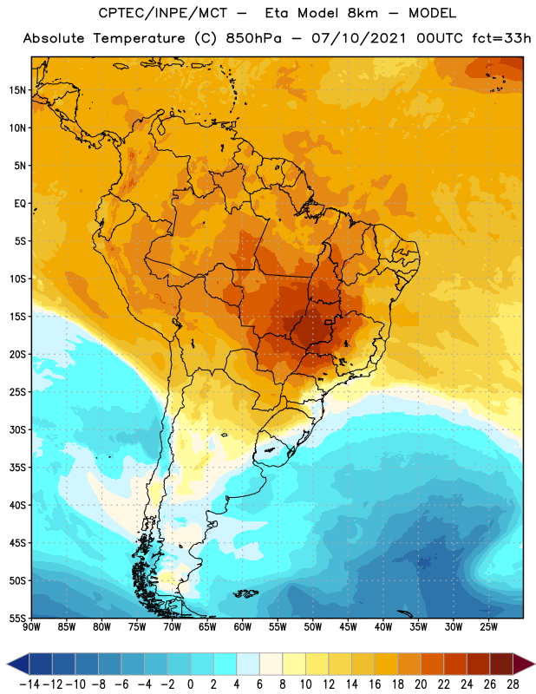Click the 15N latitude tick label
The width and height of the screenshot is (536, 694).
[16, 90]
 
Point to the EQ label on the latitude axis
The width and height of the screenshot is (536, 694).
[20, 204]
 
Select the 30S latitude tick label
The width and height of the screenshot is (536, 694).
[17, 429]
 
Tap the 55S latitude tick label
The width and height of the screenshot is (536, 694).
[17, 619]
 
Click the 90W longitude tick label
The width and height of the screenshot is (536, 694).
[31, 626]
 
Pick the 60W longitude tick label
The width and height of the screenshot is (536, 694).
[243, 626]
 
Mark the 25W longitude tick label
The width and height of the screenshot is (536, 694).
[489, 626]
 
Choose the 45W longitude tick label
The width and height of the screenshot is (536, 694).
[349, 626]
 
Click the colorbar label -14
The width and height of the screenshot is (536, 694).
[29, 684]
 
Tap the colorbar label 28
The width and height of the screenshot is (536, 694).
[513, 684]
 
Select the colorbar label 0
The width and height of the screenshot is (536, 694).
[191, 684]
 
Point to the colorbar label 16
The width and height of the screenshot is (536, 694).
[375, 684]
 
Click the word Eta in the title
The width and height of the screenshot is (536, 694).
[277, 13]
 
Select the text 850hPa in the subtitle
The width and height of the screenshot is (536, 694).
[253, 38]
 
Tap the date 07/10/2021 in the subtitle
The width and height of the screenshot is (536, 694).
[358, 38]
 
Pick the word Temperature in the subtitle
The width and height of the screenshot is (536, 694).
[139, 38]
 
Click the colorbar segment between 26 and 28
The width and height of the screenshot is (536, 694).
[501, 665]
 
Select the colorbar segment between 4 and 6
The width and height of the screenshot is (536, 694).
[248, 665]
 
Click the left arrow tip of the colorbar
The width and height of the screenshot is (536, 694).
[7, 665]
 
